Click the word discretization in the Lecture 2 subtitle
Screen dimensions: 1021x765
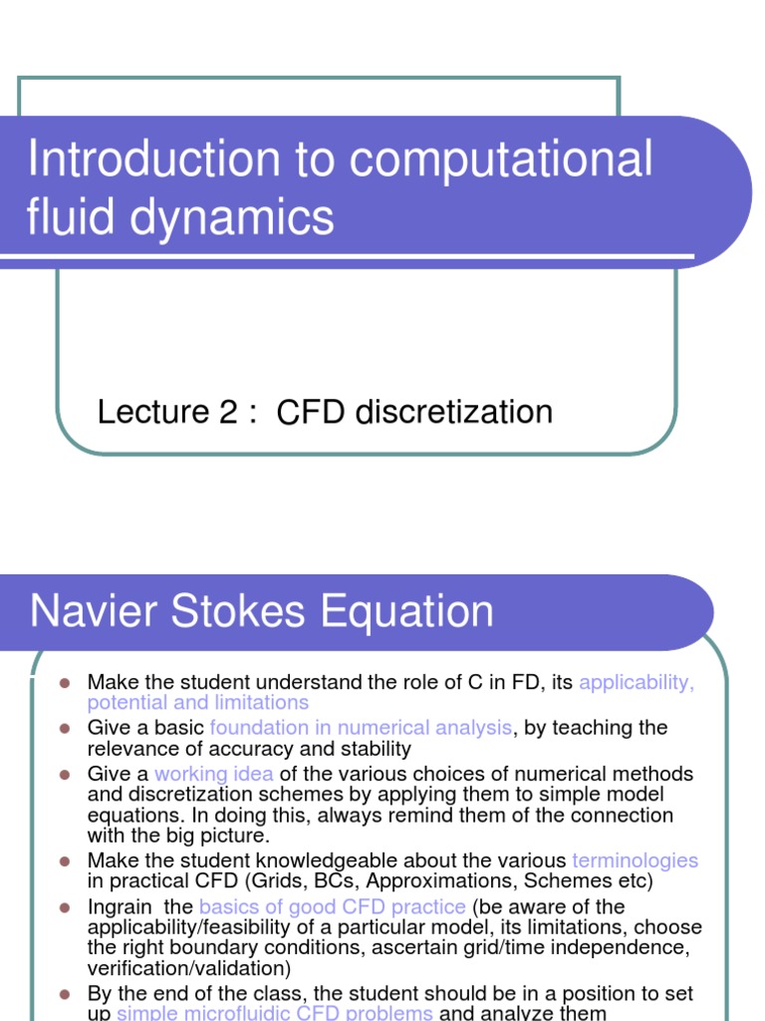(452, 412)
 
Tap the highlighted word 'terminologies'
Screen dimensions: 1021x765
(635, 860)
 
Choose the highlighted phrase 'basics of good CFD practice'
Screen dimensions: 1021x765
(332, 906)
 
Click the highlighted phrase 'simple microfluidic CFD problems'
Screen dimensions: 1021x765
(275, 1013)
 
